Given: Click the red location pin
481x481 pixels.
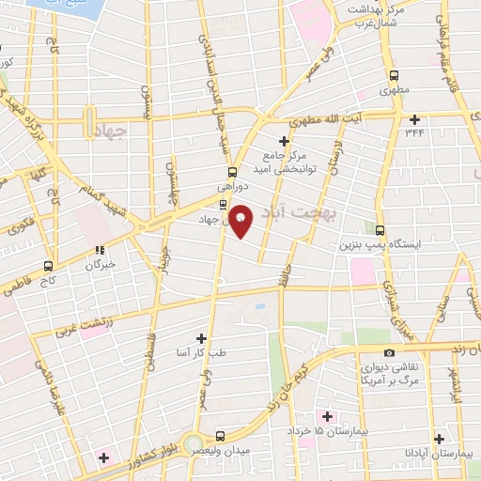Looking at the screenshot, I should [241, 220].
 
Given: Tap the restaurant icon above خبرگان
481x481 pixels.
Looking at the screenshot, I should [99, 251].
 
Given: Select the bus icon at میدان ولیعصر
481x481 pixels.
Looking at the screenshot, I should [220, 436].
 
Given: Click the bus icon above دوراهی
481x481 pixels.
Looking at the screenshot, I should [232, 172].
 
